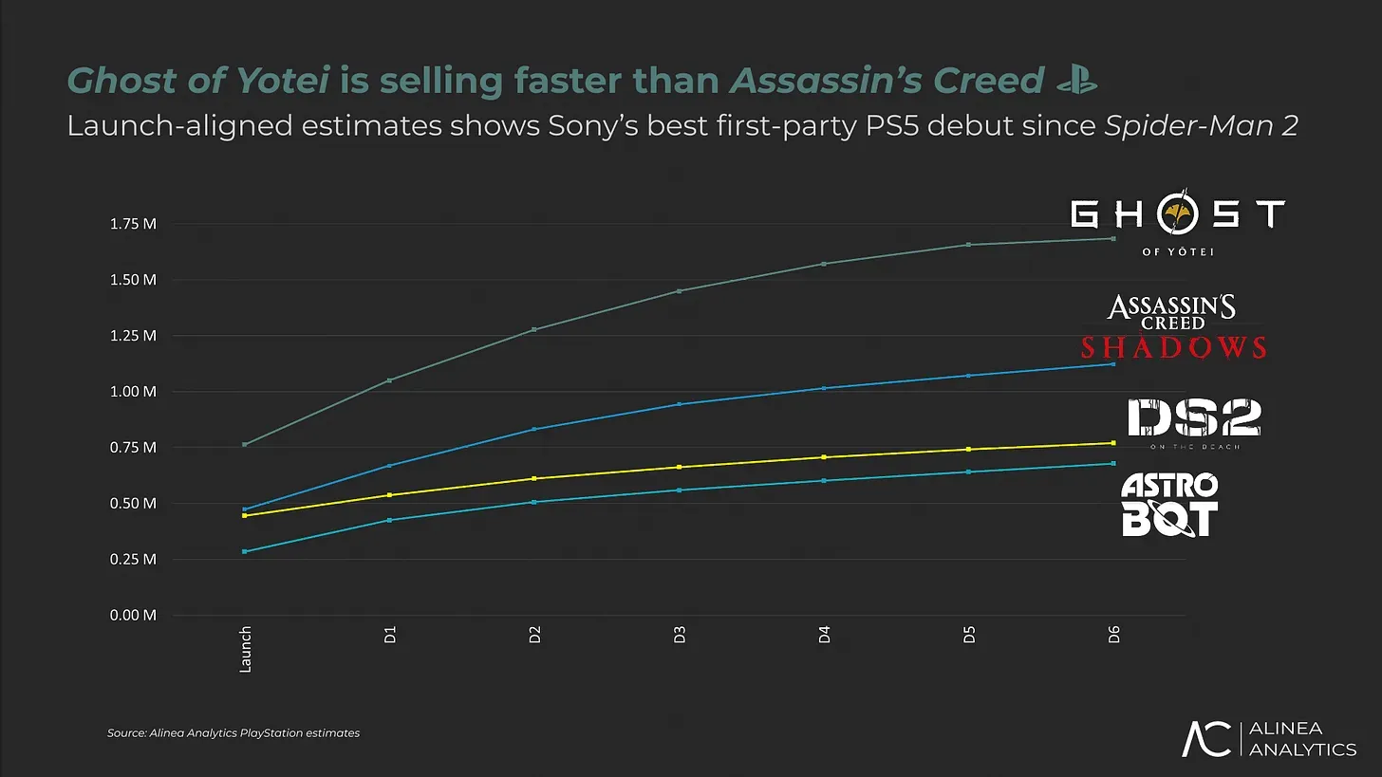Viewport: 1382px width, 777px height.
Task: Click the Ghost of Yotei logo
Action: coord(1177,225)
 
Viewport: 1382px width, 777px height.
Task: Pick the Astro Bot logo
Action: coord(1168,505)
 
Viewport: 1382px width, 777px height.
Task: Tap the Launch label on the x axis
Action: coord(245,649)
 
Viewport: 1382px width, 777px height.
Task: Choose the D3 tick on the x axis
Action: coord(680,636)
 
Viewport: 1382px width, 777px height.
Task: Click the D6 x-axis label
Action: coord(1113,636)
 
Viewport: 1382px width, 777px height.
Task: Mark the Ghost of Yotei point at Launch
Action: coord(245,444)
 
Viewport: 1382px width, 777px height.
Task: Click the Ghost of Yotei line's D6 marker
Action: coord(1113,238)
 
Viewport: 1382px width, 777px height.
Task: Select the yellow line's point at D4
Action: coord(824,457)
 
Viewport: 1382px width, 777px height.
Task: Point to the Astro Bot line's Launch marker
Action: coord(245,551)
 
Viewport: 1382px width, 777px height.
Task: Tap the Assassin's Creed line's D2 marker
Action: coord(534,429)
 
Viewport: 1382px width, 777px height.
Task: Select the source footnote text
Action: coord(233,733)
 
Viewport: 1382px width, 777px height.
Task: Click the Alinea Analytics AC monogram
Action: coord(1205,739)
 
